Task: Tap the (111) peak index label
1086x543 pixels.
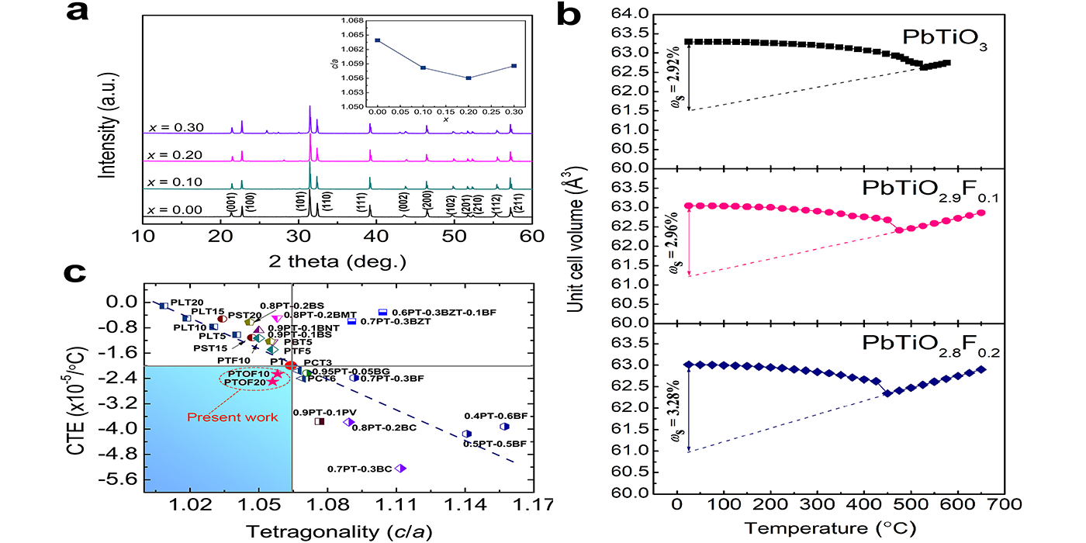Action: point(361,204)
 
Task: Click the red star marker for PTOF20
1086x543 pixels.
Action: point(272,382)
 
